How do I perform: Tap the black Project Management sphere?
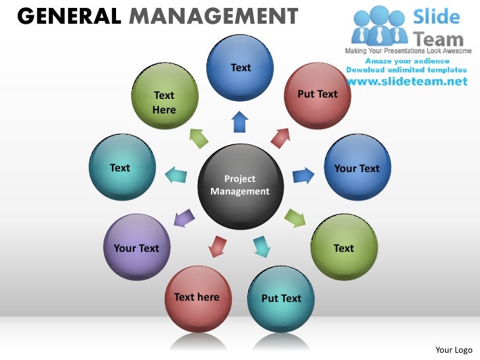(x=239, y=187)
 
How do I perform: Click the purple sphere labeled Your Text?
(x=136, y=247)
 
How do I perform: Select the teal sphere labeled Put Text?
(x=282, y=299)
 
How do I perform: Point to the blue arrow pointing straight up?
(x=240, y=123)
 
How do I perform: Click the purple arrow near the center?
(x=185, y=218)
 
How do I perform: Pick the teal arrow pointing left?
(x=175, y=175)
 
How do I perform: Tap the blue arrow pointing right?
(x=303, y=175)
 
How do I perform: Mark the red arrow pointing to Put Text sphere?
(x=280, y=137)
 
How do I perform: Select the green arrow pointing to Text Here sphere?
(x=199, y=137)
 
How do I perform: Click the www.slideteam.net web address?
(x=405, y=82)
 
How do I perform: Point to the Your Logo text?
(x=454, y=349)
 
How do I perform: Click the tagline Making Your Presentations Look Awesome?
(x=408, y=51)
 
